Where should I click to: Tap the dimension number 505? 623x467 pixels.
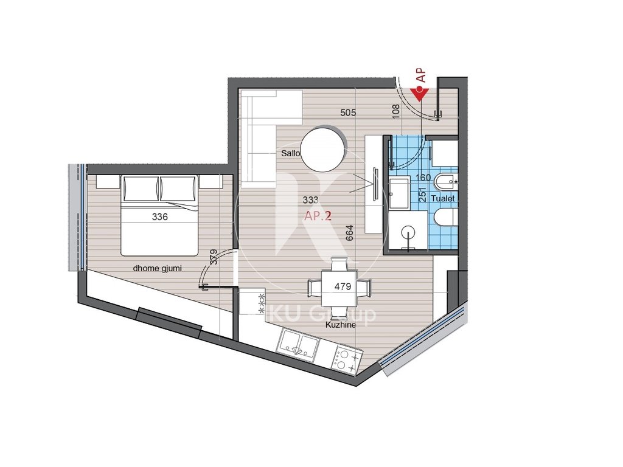(348, 112)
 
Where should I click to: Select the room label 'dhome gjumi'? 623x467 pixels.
(158, 268)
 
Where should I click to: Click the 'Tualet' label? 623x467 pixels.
(442, 199)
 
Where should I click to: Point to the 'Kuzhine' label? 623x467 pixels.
(340, 325)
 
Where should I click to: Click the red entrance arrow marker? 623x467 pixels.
(420, 93)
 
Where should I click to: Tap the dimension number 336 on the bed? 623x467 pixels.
(159, 216)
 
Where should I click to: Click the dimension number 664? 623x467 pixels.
(349, 233)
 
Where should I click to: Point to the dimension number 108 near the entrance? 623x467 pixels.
(396, 110)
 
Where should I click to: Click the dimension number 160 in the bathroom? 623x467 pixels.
(422, 178)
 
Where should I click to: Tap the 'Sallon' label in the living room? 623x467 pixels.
(291, 154)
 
